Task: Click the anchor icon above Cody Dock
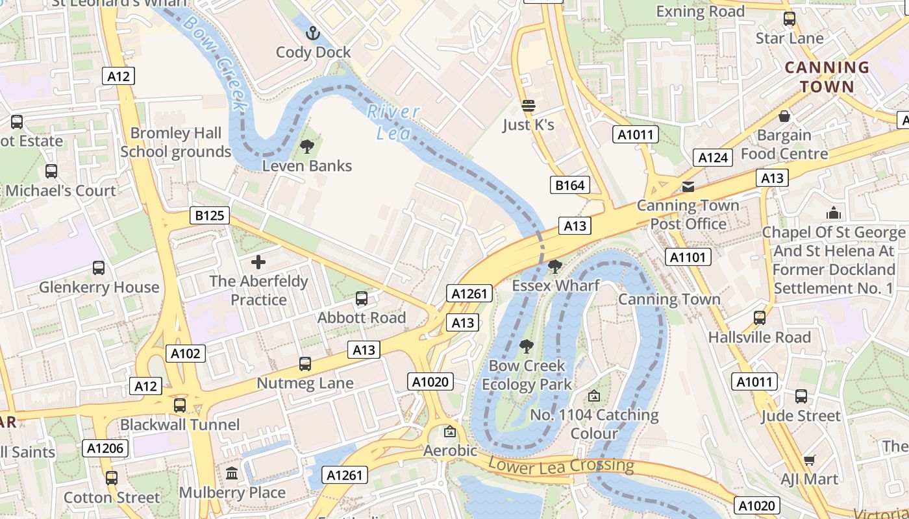click(x=314, y=32)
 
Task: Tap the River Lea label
click(x=393, y=122)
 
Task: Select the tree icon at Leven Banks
click(x=307, y=147)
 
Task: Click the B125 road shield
click(x=210, y=215)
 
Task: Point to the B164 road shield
click(x=569, y=186)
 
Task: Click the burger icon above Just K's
click(x=529, y=105)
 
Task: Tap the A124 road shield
click(x=712, y=157)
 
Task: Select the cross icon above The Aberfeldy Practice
click(x=258, y=262)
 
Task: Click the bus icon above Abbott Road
click(x=362, y=298)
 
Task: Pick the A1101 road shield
click(x=688, y=258)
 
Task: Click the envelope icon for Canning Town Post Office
click(x=688, y=187)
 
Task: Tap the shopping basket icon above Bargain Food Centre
click(x=784, y=116)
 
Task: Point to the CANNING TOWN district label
click(x=827, y=77)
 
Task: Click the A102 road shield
click(x=186, y=354)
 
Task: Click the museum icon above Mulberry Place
click(x=232, y=474)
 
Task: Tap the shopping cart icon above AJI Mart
click(x=809, y=460)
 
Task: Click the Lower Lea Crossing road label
click(x=560, y=465)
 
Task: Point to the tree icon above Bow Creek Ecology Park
click(x=527, y=346)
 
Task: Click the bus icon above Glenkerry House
click(x=99, y=268)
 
